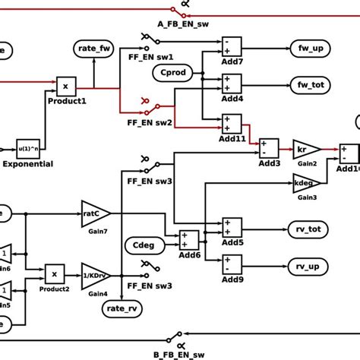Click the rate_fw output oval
click(94, 49)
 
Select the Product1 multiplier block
click(66, 87)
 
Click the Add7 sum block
click(232, 46)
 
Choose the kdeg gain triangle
click(305, 183)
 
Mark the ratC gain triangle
click(94, 213)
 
